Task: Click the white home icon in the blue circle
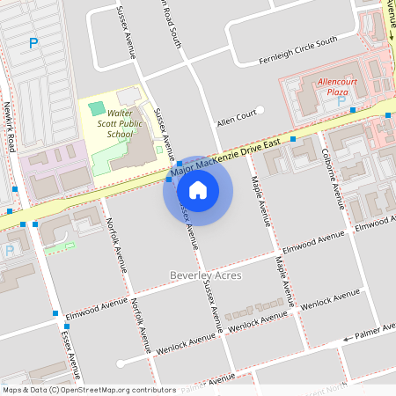(x=198, y=189)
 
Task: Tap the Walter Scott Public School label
(x=123, y=125)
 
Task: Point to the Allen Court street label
(x=235, y=115)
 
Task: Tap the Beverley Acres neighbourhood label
(x=205, y=275)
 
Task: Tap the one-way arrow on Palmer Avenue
(x=349, y=338)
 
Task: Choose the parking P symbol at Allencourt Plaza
(x=341, y=99)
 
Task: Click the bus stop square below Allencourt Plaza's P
(x=352, y=110)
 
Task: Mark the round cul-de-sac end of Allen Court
(x=260, y=109)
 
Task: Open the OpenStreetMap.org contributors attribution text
(x=114, y=390)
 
